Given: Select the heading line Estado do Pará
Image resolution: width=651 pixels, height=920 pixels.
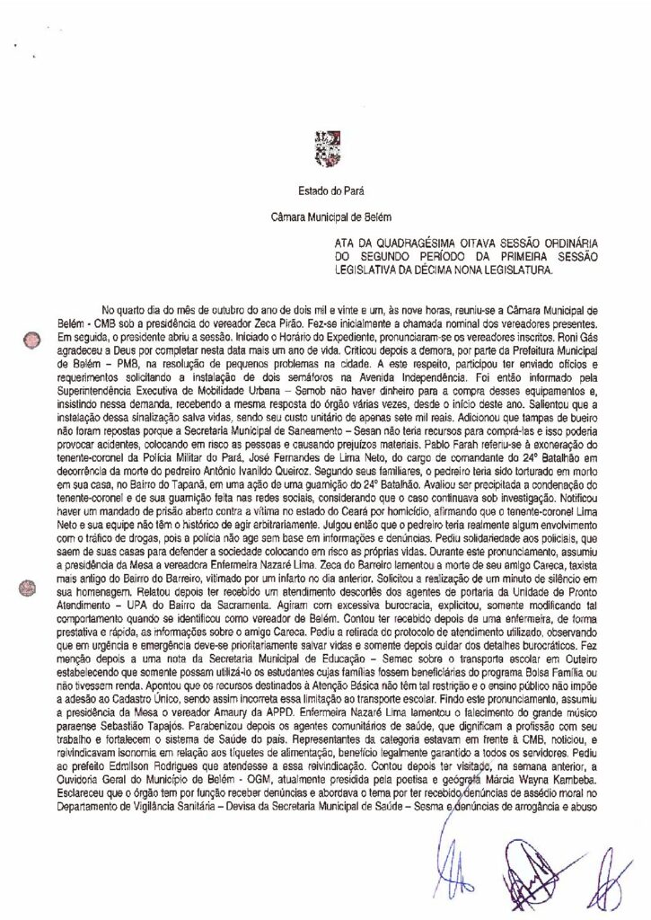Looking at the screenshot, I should pyautogui.click(x=325, y=190).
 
